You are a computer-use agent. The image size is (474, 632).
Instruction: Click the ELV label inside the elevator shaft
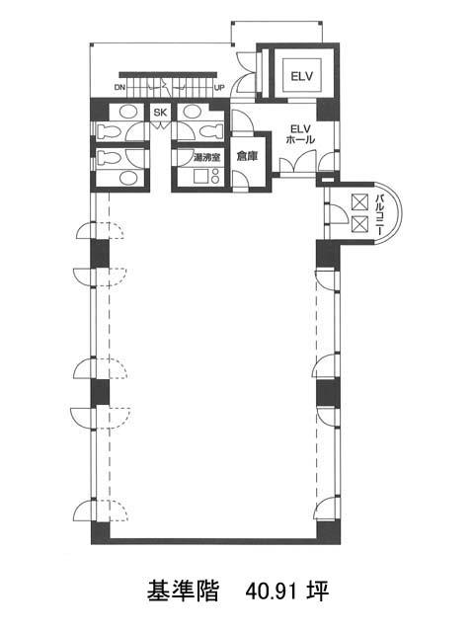[x=301, y=76]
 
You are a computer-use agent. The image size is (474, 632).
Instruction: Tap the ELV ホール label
[x=300, y=134]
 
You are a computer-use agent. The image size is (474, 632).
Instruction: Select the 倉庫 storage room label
[x=247, y=156]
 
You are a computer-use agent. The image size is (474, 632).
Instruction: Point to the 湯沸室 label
[x=206, y=158]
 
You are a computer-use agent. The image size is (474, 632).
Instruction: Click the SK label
[x=160, y=113]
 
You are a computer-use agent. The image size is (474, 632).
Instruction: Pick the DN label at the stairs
[x=119, y=87]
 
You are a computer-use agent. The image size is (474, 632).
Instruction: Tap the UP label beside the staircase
[x=219, y=87]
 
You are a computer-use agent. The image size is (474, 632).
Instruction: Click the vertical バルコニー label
[x=379, y=214]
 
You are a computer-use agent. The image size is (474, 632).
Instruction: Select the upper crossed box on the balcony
[x=359, y=201]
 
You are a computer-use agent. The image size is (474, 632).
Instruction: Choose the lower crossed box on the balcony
[x=359, y=224]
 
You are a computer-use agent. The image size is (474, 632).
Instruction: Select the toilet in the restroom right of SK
[x=211, y=131]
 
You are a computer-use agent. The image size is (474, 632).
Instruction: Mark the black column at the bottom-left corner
[x=100, y=533]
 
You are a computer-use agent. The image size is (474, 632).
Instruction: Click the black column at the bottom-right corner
[x=328, y=533]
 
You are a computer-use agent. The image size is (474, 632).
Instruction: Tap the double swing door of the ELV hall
[x=298, y=162]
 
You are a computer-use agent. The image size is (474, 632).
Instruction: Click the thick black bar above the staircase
[x=168, y=75]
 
